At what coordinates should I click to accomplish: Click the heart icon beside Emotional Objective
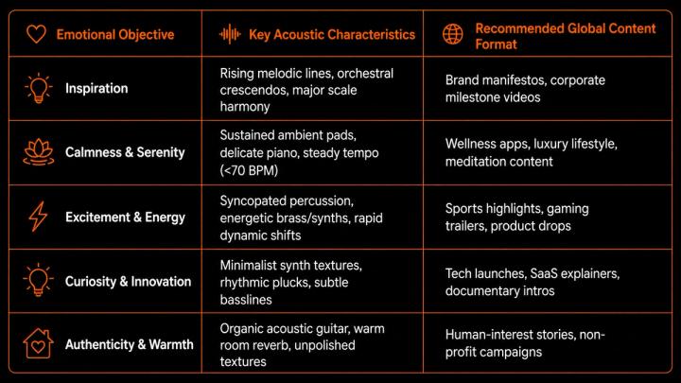36,34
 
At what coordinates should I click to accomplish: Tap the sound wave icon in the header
230,34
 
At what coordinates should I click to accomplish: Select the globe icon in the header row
452,34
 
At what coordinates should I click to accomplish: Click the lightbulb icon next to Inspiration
38,88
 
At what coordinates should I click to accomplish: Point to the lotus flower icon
39,152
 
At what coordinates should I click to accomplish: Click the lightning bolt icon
38,217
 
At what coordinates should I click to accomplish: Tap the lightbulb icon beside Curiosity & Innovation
38,280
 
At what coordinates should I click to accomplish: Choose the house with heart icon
38,343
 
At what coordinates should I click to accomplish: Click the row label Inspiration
96,88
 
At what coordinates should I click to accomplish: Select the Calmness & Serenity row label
125,152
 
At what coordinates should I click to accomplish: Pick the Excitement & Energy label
125,218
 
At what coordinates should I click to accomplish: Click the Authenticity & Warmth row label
130,344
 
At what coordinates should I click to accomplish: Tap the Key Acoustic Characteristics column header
332,34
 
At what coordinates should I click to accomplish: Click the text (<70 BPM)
249,170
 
